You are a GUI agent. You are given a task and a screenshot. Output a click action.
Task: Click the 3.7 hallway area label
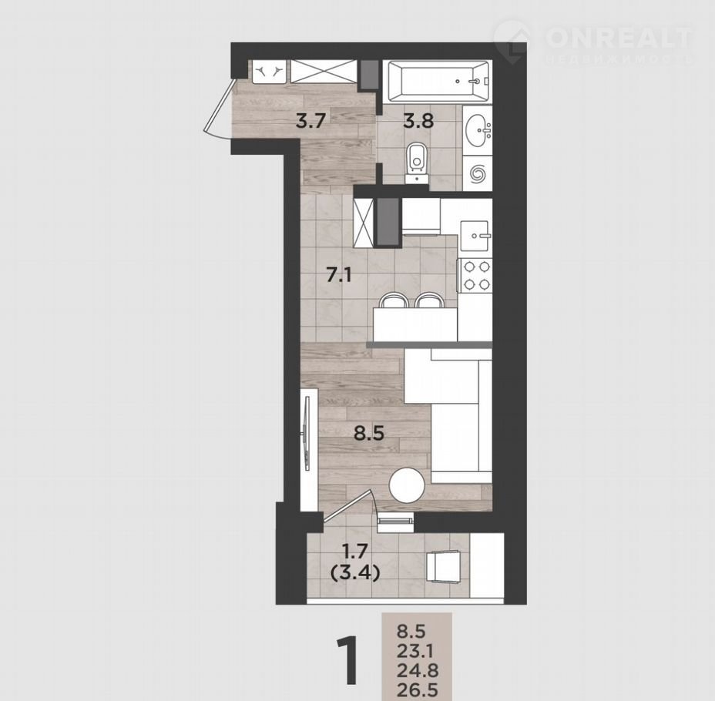pos(311,121)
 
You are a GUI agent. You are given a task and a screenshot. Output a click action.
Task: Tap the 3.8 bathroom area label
pos(418,121)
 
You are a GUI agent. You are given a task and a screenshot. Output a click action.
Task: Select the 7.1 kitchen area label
pos(338,275)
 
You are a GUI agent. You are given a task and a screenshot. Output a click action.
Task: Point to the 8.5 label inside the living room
pos(369,433)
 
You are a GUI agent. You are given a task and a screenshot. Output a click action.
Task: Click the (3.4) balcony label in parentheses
pos(354,574)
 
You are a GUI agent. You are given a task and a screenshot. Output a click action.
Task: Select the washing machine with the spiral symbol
pos(478,173)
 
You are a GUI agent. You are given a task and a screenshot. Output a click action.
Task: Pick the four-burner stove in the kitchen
pos(475,275)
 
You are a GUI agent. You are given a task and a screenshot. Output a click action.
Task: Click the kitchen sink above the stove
pos(475,236)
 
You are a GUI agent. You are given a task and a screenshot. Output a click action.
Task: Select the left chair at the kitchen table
pos(394,301)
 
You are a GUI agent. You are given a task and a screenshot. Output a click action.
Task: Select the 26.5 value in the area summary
pos(418,689)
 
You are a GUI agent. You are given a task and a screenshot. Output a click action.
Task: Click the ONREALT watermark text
pos(619,38)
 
